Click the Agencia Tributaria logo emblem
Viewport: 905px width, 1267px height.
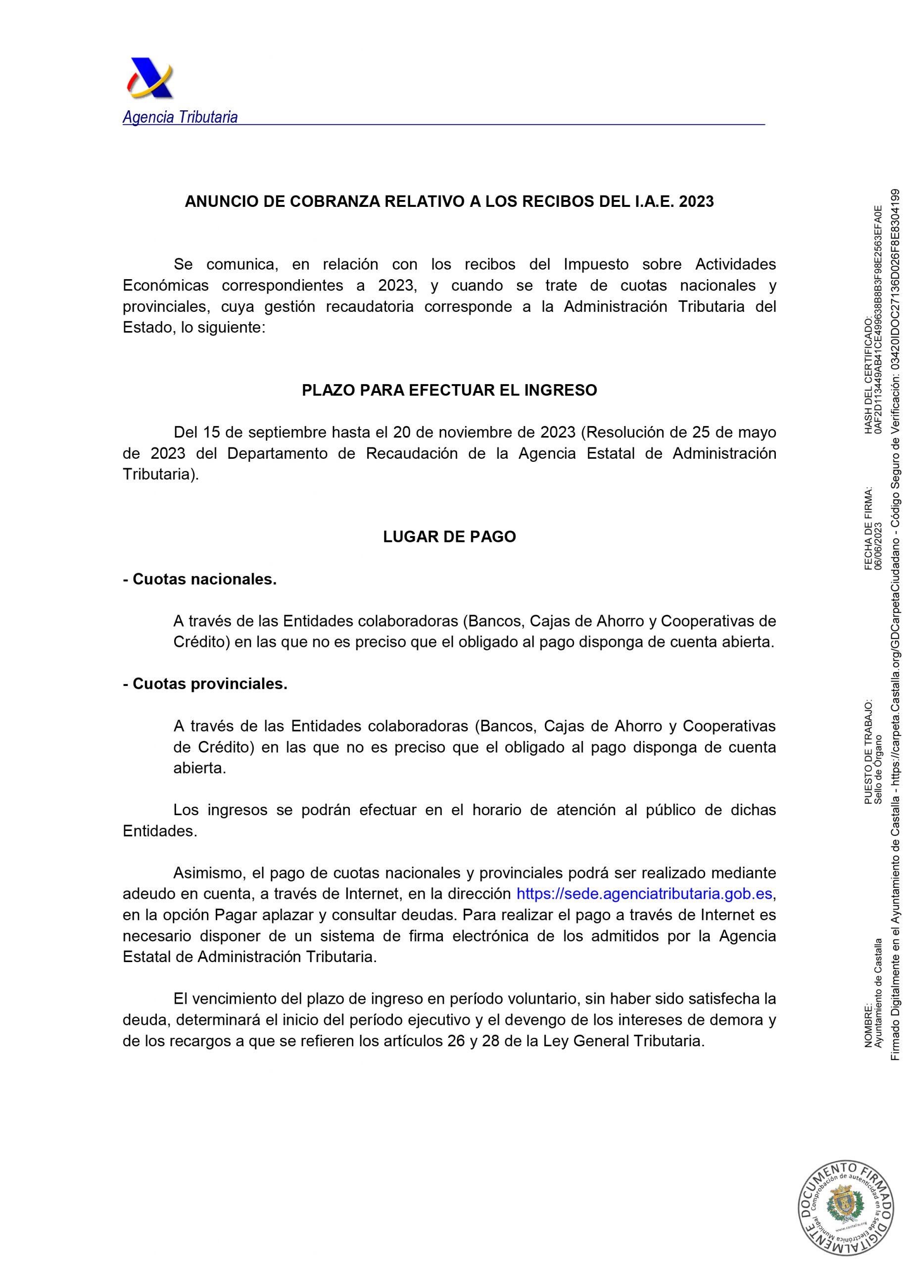coord(149,79)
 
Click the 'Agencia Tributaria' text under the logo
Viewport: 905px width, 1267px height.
coord(180,118)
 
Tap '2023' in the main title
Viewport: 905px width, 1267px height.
coord(696,202)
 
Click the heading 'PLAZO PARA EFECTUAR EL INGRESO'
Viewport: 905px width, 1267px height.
coord(449,390)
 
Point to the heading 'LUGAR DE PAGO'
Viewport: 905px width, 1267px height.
coord(449,537)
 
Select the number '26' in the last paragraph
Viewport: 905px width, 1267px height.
coord(456,1041)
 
